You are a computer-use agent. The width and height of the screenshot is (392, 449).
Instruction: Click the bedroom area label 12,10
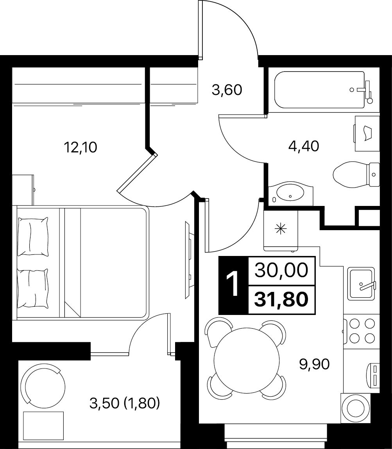[x=81, y=147]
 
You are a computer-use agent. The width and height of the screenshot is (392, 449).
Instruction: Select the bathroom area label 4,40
[x=304, y=146]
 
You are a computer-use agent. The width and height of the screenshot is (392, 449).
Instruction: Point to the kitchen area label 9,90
[x=314, y=364]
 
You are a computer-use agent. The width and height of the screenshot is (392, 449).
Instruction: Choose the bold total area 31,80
[x=281, y=299]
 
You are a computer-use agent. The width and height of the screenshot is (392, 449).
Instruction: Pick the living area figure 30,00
[x=281, y=270]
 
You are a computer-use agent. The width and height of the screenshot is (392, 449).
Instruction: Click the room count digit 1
[x=233, y=284]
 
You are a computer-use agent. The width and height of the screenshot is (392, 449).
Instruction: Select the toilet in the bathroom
[x=356, y=174]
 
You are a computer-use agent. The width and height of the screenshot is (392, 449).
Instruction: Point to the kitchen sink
[x=361, y=284]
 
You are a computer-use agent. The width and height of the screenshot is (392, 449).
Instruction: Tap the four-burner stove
[x=362, y=331]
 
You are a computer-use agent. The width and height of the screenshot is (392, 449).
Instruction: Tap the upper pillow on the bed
[x=33, y=236]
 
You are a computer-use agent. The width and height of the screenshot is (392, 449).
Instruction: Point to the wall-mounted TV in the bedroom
[x=188, y=259]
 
